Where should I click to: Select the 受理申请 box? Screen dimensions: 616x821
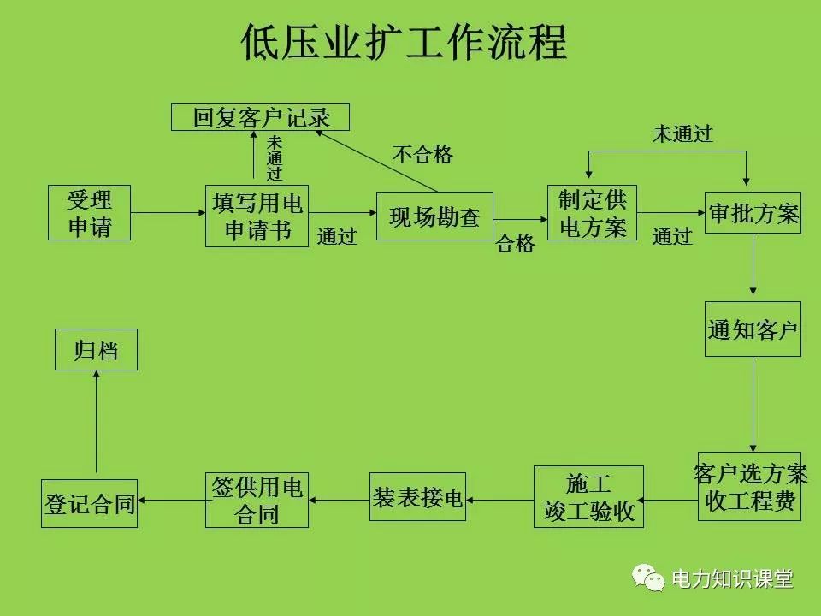[x=90, y=213]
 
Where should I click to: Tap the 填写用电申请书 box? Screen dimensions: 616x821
[x=257, y=216]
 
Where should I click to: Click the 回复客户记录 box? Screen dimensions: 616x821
[x=261, y=116]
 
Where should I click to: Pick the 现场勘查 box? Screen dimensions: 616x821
[x=435, y=216]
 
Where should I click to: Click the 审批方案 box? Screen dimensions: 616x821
[x=753, y=214]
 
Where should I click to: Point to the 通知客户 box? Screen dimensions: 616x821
[x=753, y=329]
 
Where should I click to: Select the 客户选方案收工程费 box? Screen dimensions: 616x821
[x=750, y=487]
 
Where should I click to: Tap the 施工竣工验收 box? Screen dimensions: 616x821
[x=588, y=497]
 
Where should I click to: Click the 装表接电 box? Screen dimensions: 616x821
[x=418, y=497]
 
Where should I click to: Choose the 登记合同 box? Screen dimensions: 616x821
[x=90, y=503]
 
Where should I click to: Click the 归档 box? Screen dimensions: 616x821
[x=96, y=350]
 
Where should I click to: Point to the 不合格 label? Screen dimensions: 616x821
[x=422, y=155]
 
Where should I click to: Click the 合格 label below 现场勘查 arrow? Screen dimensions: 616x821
[x=516, y=245]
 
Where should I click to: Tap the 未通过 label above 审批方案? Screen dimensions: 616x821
[x=682, y=133]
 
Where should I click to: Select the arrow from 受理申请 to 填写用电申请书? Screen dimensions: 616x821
[x=168, y=213]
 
